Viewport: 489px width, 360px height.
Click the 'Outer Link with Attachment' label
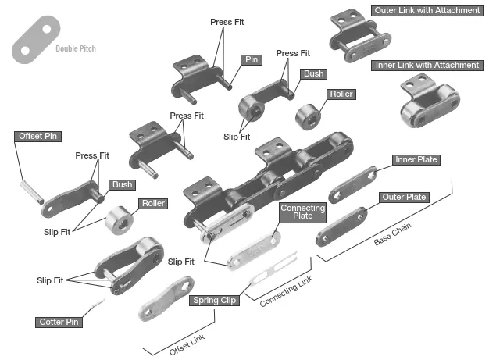tap(426, 11)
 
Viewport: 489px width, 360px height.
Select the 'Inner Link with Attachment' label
tap(426, 65)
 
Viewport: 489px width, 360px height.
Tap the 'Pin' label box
tap(252, 59)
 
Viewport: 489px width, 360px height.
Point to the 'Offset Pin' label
tap(38, 136)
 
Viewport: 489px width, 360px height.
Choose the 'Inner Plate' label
tap(416, 160)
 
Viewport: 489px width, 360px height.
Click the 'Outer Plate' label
tap(404, 197)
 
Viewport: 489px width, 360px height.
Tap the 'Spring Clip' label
tap(214, 300)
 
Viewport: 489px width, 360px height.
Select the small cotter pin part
tap(97, 304)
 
